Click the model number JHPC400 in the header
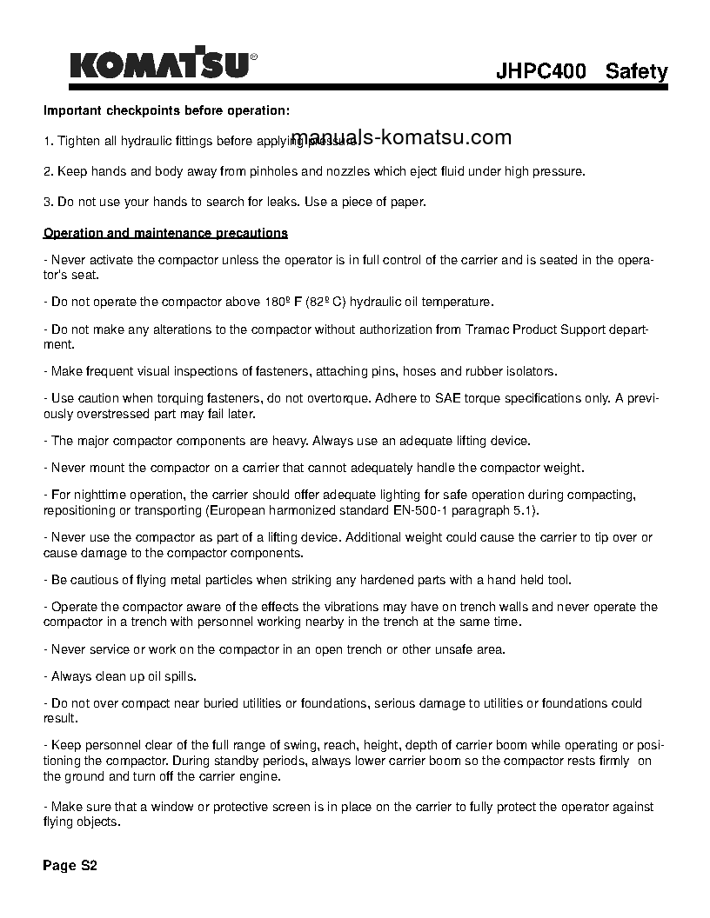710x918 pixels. tap(540, 72)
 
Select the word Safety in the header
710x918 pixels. tap(637, 72)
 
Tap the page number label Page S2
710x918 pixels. tap(70, 866)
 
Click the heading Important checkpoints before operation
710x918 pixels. tap(166, 111)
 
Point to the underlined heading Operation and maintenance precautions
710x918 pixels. tap(165, 233)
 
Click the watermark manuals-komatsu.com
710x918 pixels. tap(402, 137)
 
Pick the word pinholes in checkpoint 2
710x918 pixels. tap(270, 171)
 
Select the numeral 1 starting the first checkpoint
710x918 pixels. tap(46, 141)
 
